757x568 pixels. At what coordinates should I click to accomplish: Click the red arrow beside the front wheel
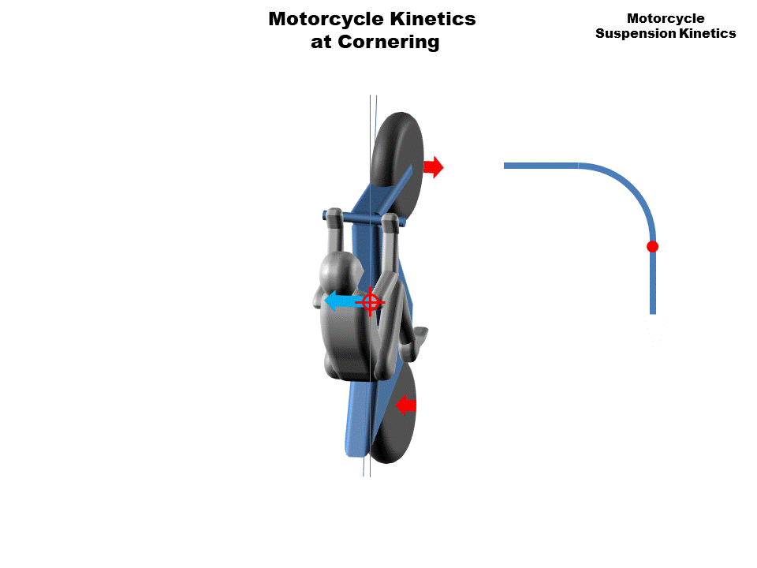(434, 166)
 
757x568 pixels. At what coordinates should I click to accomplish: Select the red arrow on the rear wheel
(405, 405)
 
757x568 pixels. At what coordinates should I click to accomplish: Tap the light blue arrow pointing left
(341, 301)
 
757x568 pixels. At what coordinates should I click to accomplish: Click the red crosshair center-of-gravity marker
(370, 301)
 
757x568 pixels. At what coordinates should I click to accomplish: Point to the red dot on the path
(652, 247)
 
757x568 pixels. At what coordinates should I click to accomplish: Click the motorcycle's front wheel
(398, 150)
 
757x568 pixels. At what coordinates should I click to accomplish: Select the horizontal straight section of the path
(541, 166)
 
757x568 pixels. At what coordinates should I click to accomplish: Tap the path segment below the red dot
(653, 284)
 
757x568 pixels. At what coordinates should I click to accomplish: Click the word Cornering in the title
(388, 43)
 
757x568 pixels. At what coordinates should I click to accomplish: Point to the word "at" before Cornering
(321, 43)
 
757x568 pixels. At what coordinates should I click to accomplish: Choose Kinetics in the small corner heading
(709, 33)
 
